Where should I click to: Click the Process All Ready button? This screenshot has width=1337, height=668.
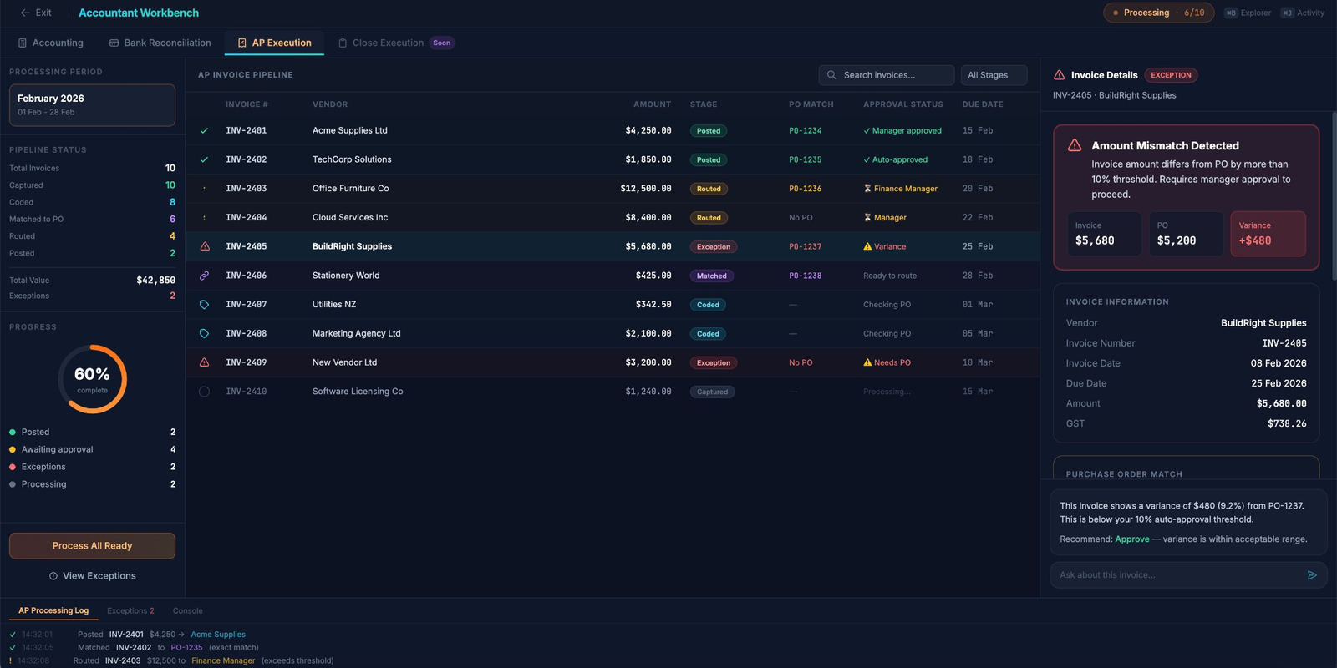coord(92,546)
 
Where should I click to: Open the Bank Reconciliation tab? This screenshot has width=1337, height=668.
coord(160,43)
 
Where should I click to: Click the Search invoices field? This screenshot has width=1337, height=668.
coord(887,75)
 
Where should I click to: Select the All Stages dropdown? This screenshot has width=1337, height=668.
coord(994,75)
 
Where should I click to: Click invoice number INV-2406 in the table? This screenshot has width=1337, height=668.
coord(246,276)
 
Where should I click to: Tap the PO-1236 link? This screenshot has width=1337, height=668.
coord(805,189)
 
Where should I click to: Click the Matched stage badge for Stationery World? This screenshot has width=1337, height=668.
coord(711,276)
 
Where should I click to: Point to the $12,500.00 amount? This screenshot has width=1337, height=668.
coord(645,189)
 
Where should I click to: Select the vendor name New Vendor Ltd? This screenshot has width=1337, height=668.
coord(344,362)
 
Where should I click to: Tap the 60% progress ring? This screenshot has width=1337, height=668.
coord(92,379)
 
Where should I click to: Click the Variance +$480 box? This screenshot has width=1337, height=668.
coord(1268,234)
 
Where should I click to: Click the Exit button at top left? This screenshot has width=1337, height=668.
coord(36,13)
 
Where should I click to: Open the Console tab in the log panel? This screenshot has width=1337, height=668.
coord(187,611)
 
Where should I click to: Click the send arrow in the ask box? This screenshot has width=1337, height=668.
coord(1312,575)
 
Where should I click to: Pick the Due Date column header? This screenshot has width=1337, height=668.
coord(982,104)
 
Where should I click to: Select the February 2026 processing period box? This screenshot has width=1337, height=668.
coord(92,104)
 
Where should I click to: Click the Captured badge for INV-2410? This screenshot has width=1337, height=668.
coord(712,392)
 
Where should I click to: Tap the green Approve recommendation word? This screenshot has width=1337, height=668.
coord(1131,539)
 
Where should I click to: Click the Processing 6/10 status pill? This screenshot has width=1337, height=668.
coord(1158,13)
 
